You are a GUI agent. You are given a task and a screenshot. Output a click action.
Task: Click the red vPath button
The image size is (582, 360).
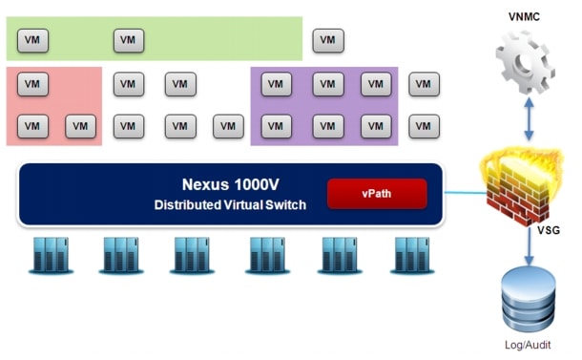tap(375, 193)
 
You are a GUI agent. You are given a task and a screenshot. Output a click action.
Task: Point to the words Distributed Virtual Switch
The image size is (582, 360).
tap(230, 204)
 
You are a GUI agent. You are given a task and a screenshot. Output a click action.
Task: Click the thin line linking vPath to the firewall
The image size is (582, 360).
tap(458, 195)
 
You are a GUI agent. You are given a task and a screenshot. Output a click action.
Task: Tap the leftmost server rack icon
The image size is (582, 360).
tap(51, 256)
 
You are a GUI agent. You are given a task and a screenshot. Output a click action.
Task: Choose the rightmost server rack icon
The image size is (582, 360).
tap(411, 256)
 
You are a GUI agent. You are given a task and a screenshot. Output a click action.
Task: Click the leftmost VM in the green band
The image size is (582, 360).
tap(33, 40)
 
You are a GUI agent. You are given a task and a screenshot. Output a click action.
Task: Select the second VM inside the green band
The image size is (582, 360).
tap(129, 40)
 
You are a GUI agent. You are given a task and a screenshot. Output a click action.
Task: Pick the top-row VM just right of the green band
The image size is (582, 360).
tap(328, 40)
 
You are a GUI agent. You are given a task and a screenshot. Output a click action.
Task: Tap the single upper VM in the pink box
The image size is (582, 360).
tap(33, 84)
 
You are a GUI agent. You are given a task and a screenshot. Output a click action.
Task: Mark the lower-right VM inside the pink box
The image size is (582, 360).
tap(81, 126)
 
